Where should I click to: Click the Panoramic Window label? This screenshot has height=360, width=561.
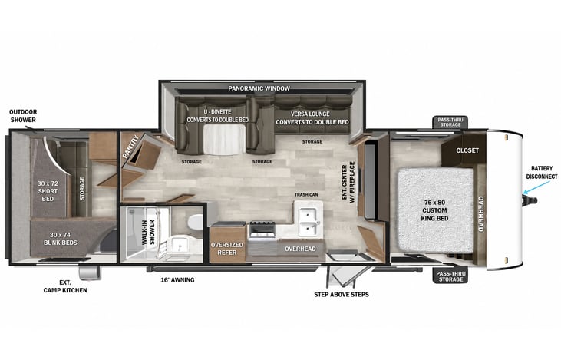coord(259,88)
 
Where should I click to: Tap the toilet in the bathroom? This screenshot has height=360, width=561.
coord(196,222)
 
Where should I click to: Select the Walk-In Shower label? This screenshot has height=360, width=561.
coord(148,233)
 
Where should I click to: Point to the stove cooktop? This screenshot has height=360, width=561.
coord(262,230)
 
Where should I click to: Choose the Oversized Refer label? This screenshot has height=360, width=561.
coord(227,249)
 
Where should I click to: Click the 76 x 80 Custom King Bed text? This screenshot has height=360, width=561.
coord(434,210)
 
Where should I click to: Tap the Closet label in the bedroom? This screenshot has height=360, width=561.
coord(467,150)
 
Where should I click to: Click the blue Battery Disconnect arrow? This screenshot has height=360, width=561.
coord(536,188)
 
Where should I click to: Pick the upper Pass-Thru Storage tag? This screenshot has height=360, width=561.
coord(450,122)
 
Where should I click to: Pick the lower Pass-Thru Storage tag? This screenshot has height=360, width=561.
coord(450,276)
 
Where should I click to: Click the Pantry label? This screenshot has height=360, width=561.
coord(130,147)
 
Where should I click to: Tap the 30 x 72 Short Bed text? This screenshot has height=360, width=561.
coord(48,191)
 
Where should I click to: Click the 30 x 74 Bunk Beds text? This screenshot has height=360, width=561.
coord(60,239)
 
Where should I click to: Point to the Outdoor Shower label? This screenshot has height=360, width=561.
coord(23,116)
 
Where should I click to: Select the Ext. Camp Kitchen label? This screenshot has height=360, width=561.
coord(65,286)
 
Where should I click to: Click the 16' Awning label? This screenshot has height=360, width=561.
coord(177,280)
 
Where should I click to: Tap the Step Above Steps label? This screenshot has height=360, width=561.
coord(342,295)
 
